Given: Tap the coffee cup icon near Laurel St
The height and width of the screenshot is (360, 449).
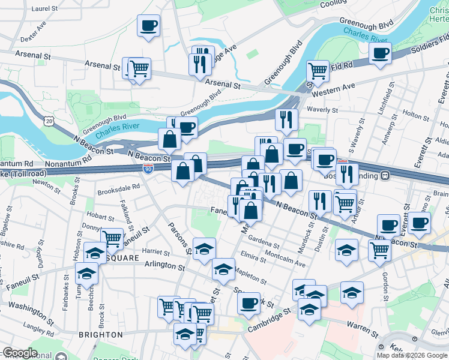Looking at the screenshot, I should tap(148, 26).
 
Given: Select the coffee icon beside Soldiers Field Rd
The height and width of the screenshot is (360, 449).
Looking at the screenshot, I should tap(379, 54).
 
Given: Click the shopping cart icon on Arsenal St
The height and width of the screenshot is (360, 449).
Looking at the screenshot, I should tap(139, 68).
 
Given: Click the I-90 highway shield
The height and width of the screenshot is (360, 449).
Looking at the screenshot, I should tap(148, 169).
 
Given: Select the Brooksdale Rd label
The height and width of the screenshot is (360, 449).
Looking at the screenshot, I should tap(118, 187).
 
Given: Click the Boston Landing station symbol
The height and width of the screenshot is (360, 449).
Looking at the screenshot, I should tap(387, 175).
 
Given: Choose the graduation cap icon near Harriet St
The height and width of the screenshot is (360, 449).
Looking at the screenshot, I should tap(204, 248).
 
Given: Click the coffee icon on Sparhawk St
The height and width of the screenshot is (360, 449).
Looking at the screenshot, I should tap(248, 302).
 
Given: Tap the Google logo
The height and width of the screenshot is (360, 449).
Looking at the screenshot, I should tap(19, 353).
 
